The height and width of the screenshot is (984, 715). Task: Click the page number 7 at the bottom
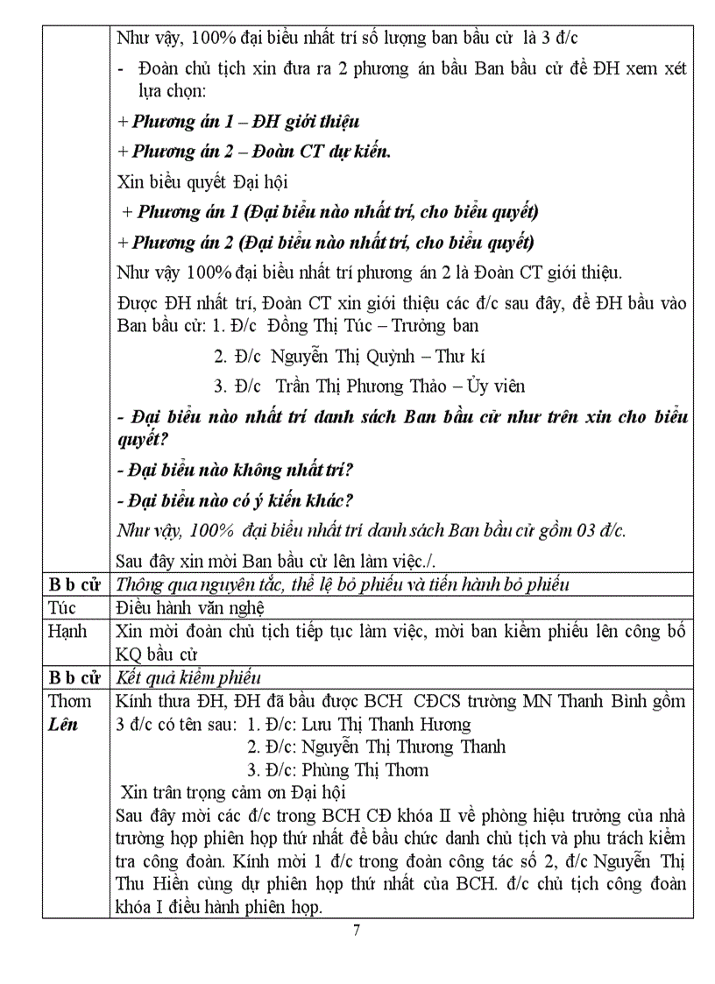click(x=356, y=931)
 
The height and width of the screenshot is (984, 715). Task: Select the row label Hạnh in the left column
click(x=67, y=632)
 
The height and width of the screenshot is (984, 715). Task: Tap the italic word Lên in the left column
click(x=64, y=725)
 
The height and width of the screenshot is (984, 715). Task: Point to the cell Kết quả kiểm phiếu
click(x=189, y=677)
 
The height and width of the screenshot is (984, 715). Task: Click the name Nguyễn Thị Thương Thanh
click(x=402, y=747)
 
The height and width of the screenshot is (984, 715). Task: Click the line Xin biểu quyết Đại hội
click(x=202, y=182)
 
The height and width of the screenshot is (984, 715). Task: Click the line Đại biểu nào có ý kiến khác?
click(x=235, y=500)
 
